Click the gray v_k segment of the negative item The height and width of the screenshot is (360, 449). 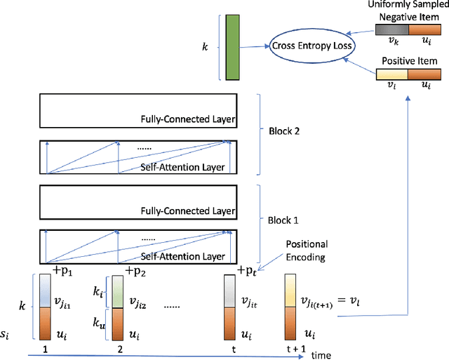tap(392, 30)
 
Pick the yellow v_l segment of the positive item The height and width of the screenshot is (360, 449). tap(392, 74)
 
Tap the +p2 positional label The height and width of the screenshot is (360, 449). tap(135, 270)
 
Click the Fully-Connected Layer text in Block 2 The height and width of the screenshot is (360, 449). tap(185, 120)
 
